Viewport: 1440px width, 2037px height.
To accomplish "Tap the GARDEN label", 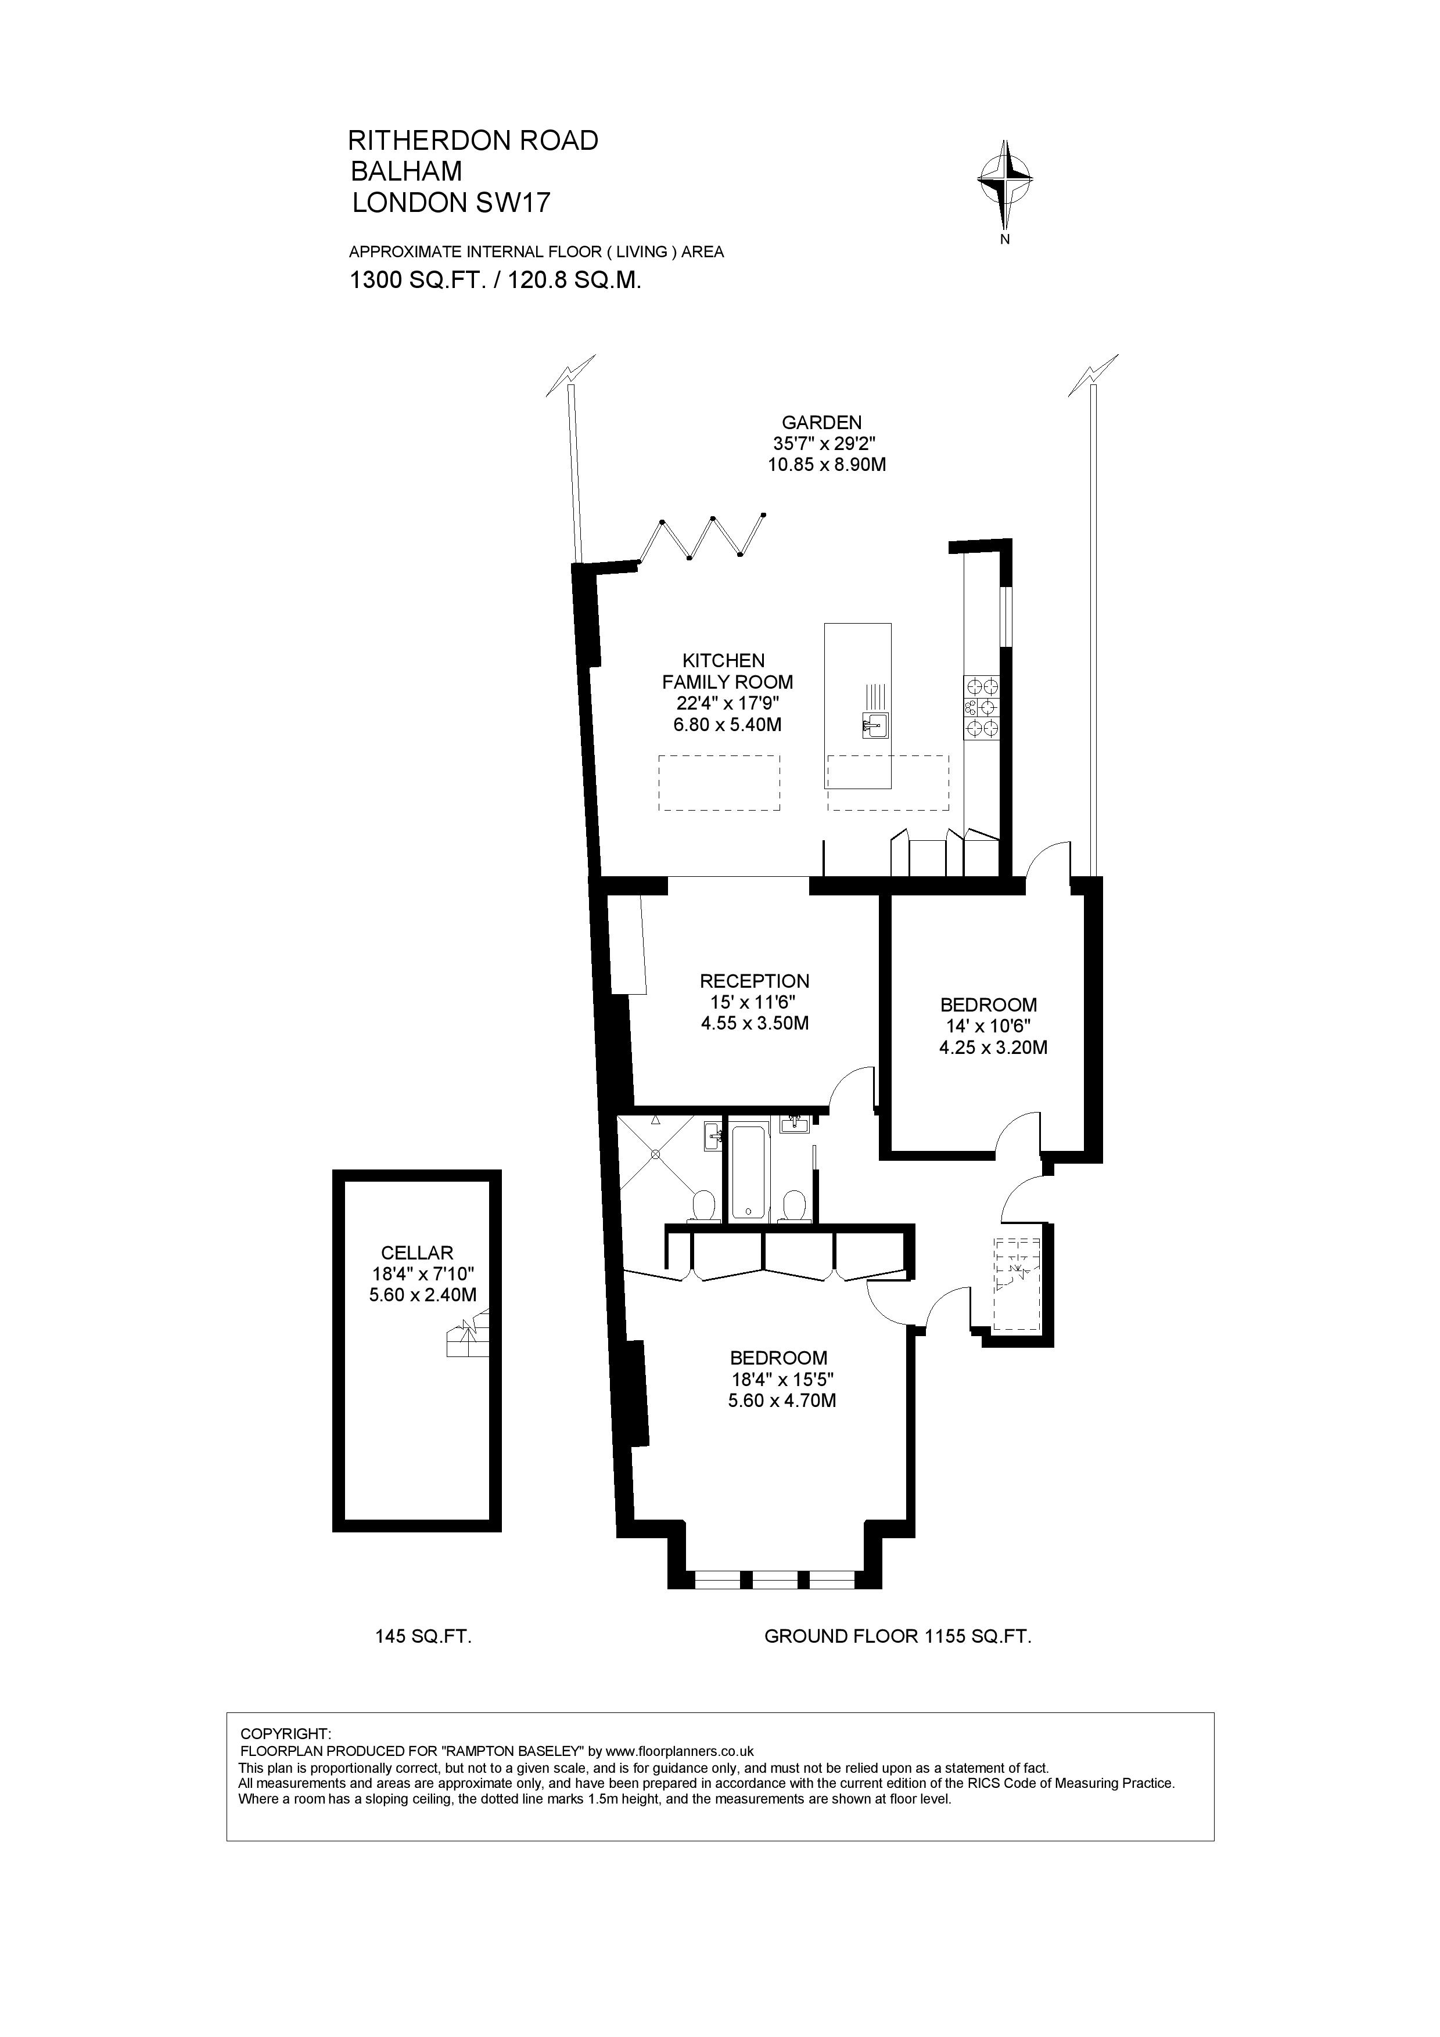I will [x=821, y=422].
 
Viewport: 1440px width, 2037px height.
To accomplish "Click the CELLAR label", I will [x=417, y=1253].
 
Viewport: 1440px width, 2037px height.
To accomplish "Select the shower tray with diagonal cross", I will [x=656, y=1155].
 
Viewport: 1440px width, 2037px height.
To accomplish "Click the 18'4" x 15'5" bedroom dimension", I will [x=781, y=1380].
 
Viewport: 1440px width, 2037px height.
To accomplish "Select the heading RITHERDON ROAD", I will [x=473, y=140].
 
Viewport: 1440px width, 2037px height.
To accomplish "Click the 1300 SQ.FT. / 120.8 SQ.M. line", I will [x=495, y=280].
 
